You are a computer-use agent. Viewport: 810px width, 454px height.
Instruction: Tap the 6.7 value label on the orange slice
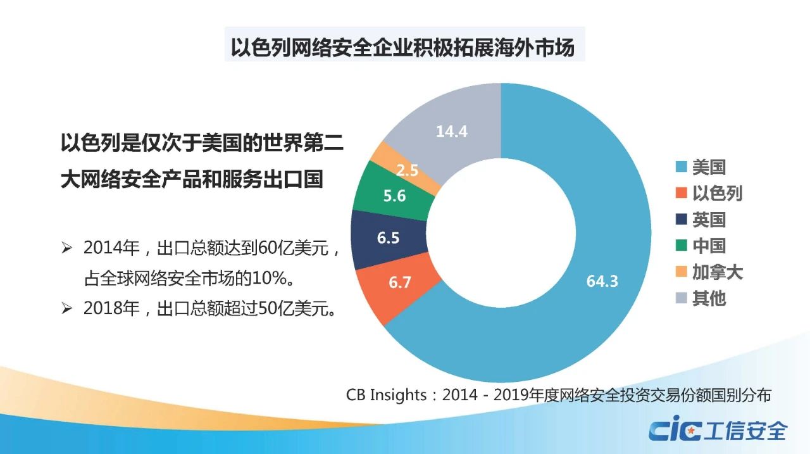pyautogui.click(x=400, y=282)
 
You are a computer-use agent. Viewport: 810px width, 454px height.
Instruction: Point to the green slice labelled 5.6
pyautogui.click(x=394, y=196)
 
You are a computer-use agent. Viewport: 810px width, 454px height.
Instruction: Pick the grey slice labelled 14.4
pyautogui.click(x=451, y=132)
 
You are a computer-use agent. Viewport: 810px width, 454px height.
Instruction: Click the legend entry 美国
pyautogui.click(x=700, y=167)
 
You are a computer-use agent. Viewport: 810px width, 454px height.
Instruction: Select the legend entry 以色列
pyautogui.click(x=708, y=193)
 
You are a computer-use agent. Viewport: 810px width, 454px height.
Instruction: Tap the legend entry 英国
pyautogui.click(x=700, y=220)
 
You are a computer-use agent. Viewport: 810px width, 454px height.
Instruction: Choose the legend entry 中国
pyautogui.click(x=700, y=246)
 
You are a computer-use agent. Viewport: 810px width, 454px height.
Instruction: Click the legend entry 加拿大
pyautogui.click(x=708, y=272)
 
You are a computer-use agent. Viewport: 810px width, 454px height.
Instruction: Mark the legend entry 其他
pyautogui.click(x=700, y=298)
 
